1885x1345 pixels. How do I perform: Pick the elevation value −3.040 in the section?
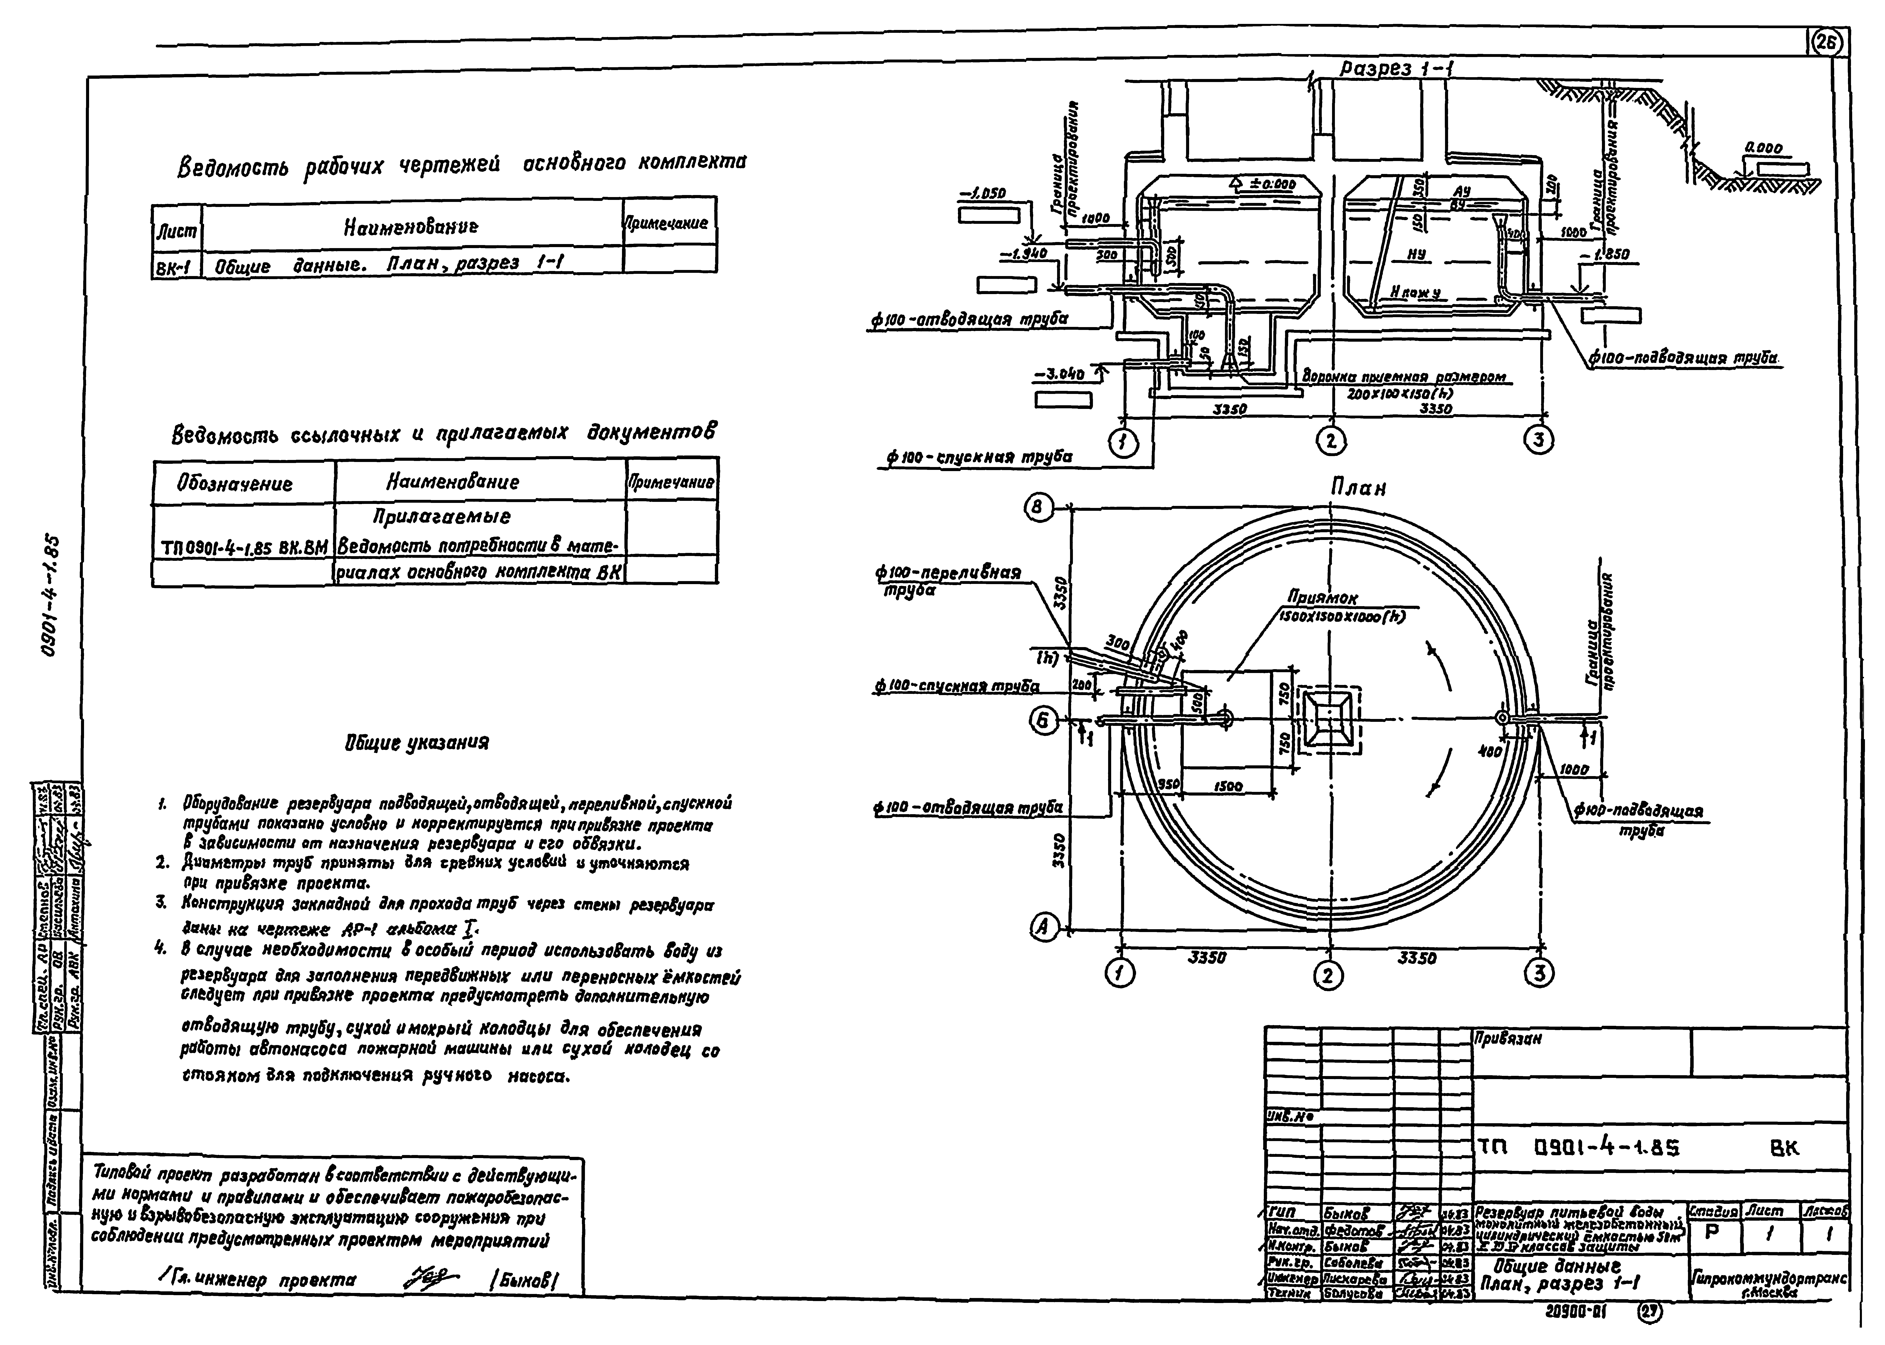1060,374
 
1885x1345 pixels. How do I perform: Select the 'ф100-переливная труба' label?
948,573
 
